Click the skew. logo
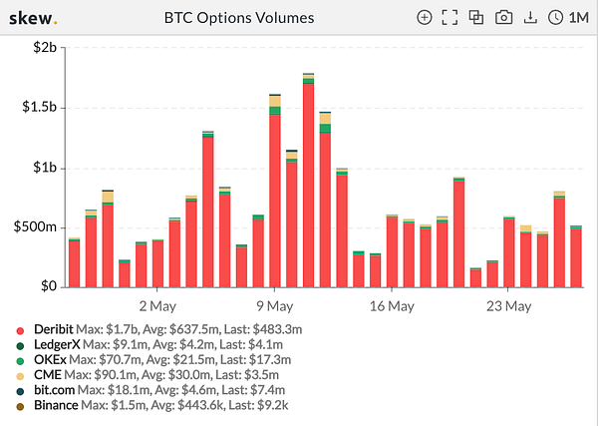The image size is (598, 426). (34, 18)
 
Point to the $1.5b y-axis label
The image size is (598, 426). (42, 108)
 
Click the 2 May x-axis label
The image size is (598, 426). (156, 306)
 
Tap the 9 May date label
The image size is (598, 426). (274, 306)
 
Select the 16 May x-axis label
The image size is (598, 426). (391, 306)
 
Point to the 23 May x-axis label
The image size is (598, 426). (507, 306)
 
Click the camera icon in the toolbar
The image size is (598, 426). (504, 18)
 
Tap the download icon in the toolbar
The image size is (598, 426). (530, 18)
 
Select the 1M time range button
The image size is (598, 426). (568, 18)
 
